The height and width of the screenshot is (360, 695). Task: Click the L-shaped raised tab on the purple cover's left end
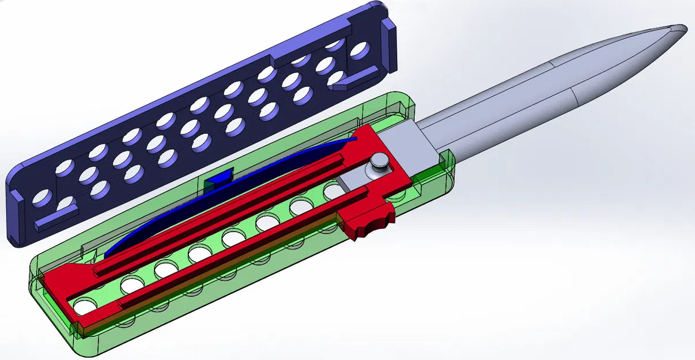55,219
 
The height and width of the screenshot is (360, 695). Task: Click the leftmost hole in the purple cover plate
41,198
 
